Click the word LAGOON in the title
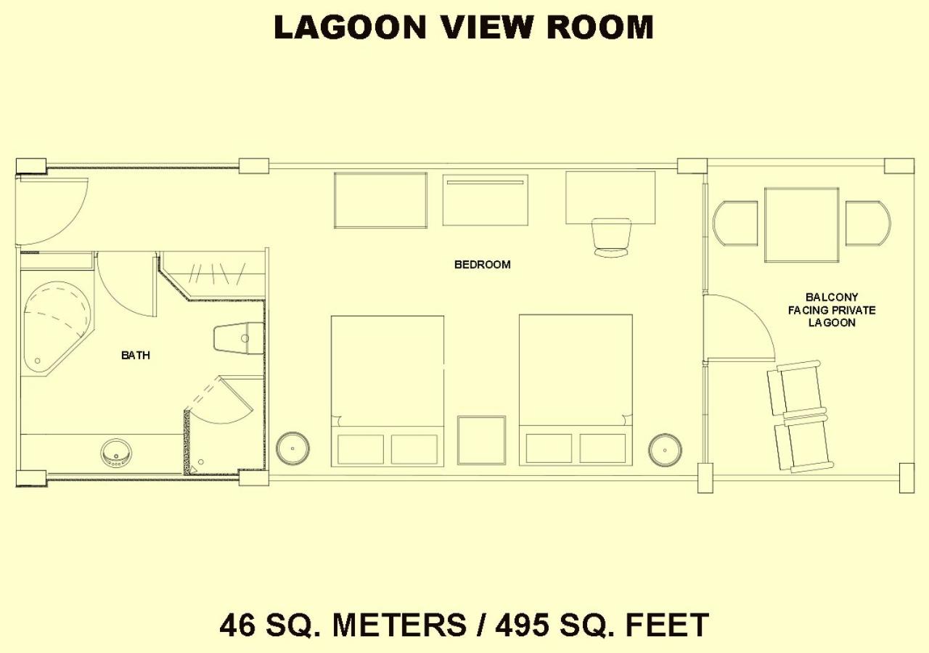[x=351, y=28]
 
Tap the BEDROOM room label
[x=483, y=265]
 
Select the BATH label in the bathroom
[x=136, y=356]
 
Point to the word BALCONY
[x=832, y=297]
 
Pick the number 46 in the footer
[x=237, y=625]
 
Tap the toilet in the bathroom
[x=239, y=338]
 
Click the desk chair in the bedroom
[x=611, y=237]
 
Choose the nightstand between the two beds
[x=481, y=440]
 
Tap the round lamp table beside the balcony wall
[x=666, y=450]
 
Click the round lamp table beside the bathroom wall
[x=292, y=448]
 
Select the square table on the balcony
[x=802, y=225]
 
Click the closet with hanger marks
[x=213, y=274]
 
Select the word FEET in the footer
[x=667, y=625]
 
